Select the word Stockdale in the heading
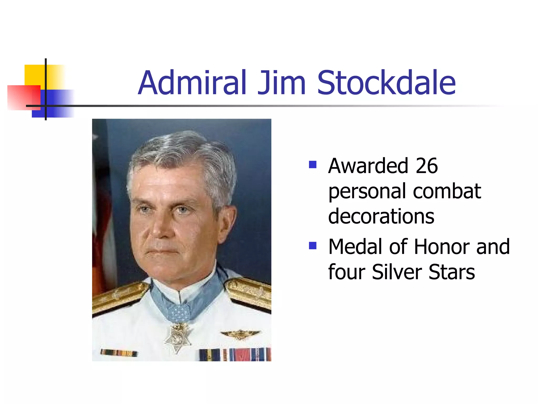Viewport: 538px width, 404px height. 386,83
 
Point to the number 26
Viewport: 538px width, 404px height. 427,166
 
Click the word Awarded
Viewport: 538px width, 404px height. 368,166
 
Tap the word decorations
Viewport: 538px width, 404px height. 381,216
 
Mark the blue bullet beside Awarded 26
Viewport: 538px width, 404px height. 313,165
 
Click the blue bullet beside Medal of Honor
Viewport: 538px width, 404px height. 313,246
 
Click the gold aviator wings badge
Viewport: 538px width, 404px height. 240,334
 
